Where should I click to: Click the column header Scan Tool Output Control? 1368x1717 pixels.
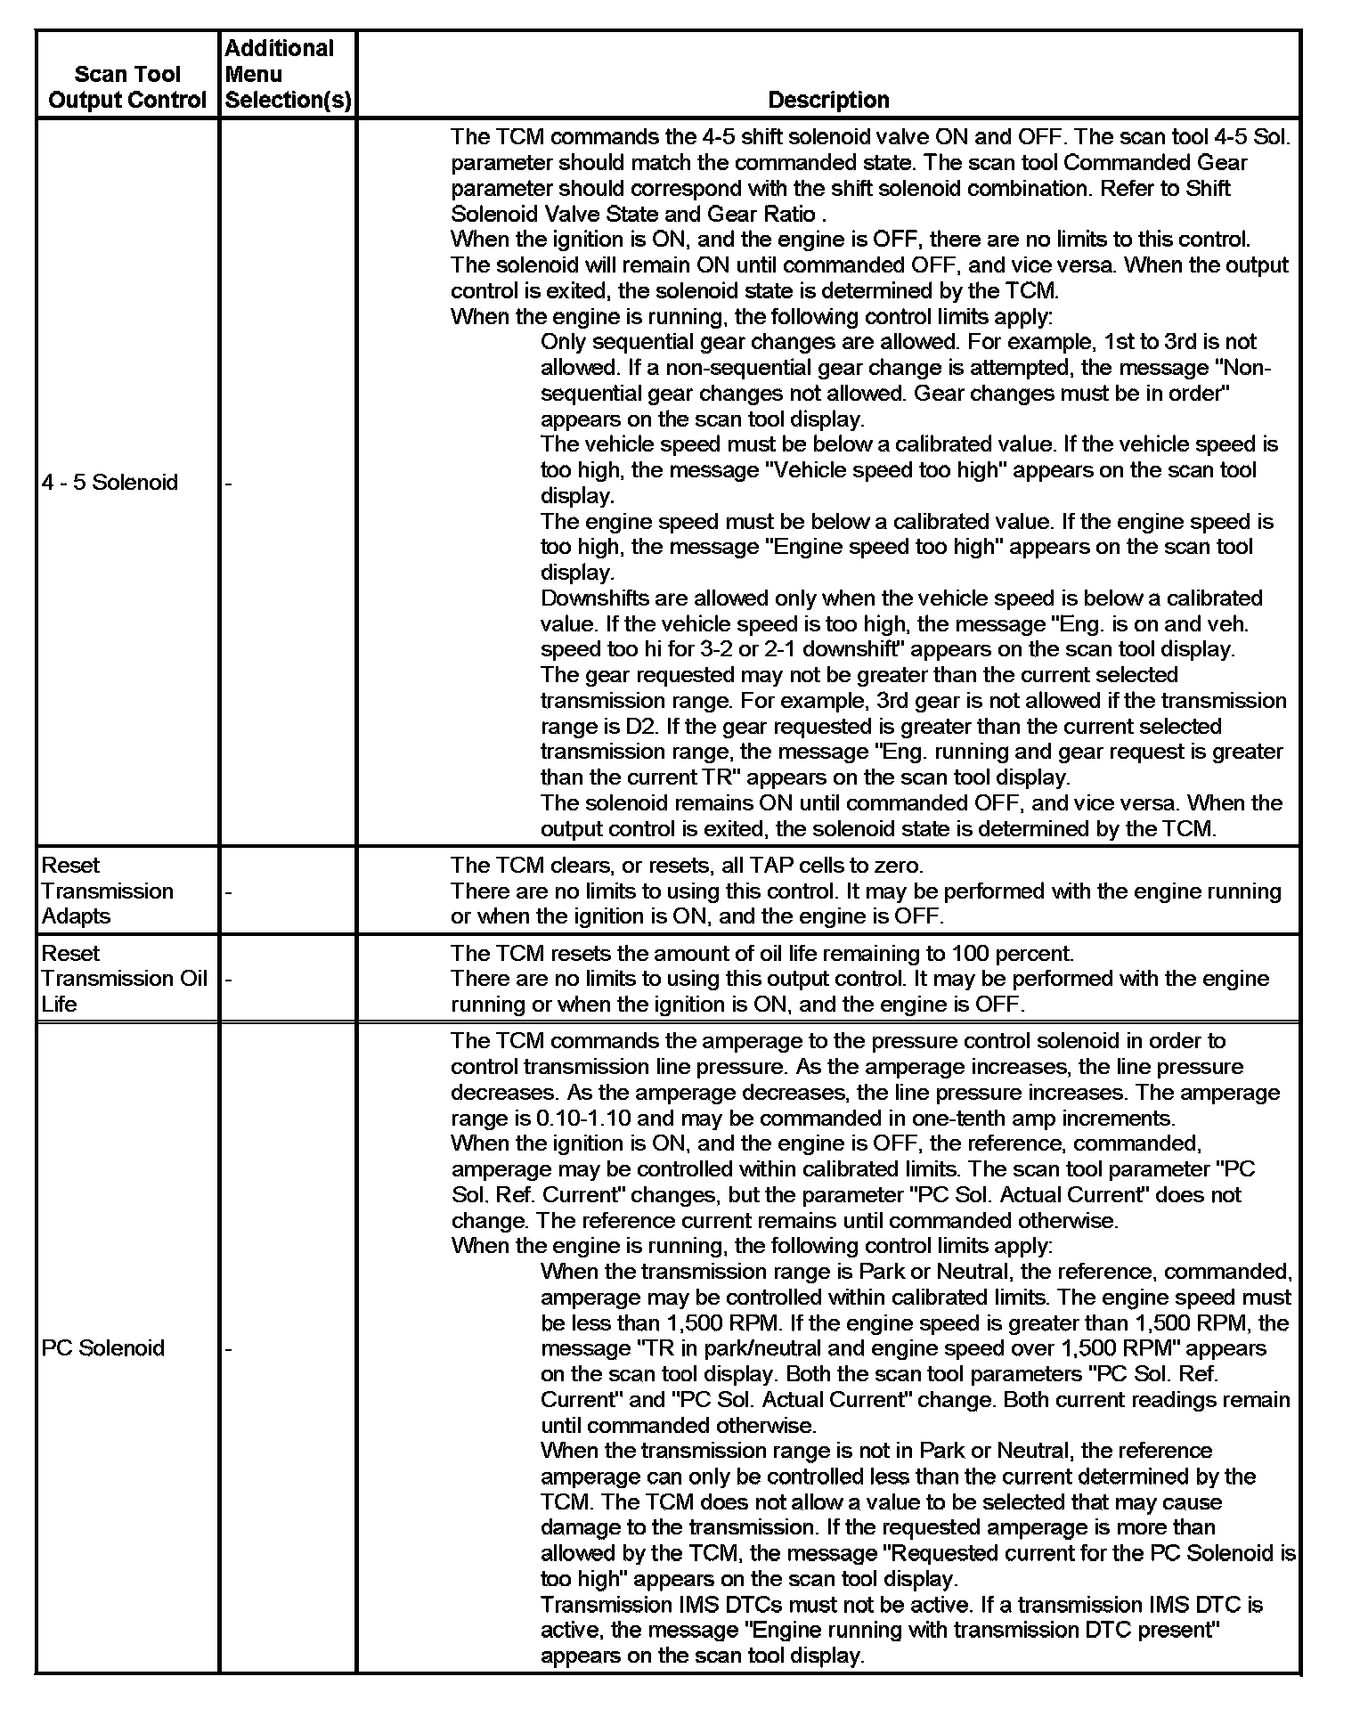tap(127, 86)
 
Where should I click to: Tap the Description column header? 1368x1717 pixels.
tap(827, 100)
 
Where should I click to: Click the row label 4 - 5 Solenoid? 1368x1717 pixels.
tap(110, 483)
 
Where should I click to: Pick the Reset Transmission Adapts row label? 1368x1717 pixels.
tap(108, 891)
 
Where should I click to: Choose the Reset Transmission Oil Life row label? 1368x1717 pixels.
tap(124, 979)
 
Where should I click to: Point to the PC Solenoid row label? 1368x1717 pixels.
tap(103, 1348)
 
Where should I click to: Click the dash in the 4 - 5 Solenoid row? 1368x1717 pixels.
tap(229, 484)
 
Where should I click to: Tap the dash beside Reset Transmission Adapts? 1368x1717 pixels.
tap(229, 891)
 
